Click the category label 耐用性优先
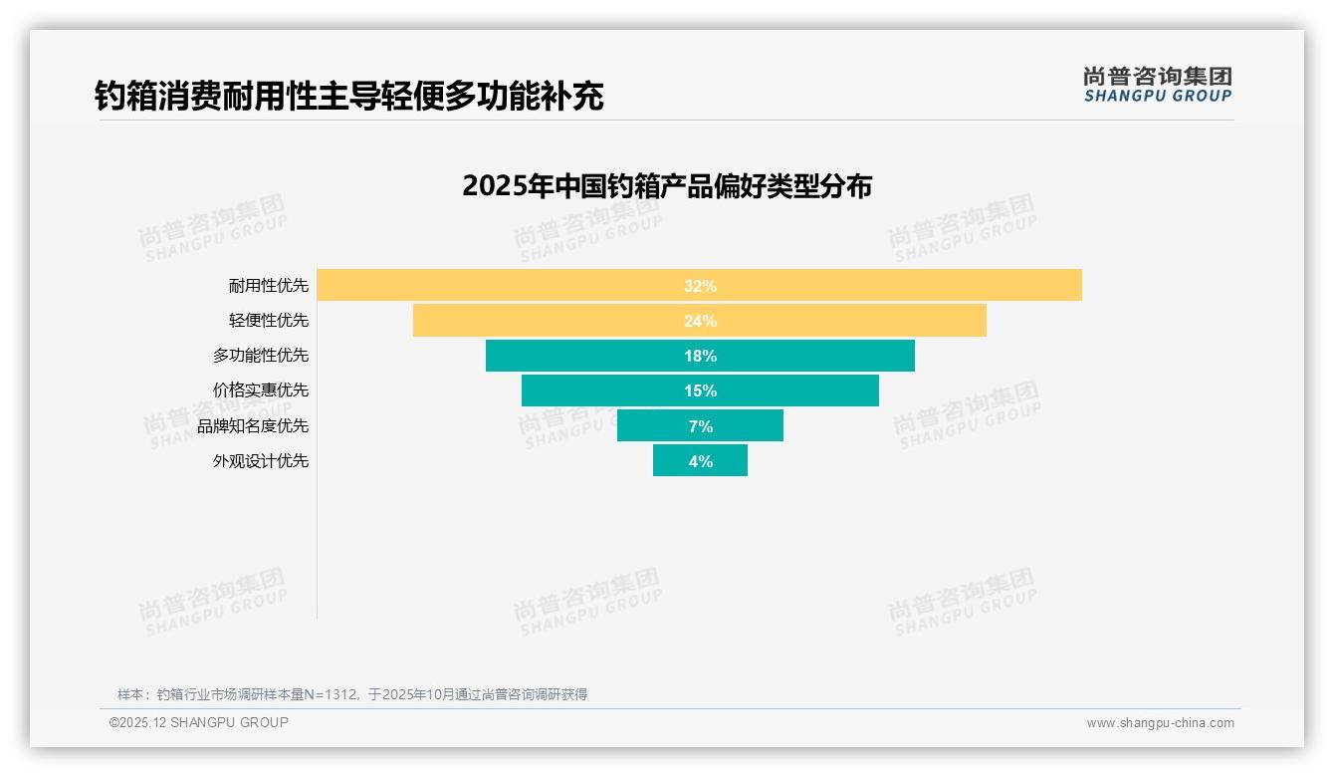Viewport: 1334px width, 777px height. [268, 286]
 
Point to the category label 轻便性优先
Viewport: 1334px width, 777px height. [268, 321]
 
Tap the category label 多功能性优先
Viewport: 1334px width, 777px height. [260, 356]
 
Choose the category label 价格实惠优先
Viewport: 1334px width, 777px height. [260, 390]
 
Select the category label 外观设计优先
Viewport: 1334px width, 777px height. [260, 461]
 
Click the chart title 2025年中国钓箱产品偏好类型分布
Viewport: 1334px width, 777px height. [666, 186]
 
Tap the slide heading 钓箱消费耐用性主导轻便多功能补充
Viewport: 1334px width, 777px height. [348, 97]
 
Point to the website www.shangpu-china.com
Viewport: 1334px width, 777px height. [1160, 723]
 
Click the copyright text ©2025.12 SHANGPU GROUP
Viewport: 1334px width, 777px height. [198, 722]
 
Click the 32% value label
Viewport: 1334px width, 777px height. [700, 286]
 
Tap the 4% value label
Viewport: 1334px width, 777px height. [700, 461]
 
